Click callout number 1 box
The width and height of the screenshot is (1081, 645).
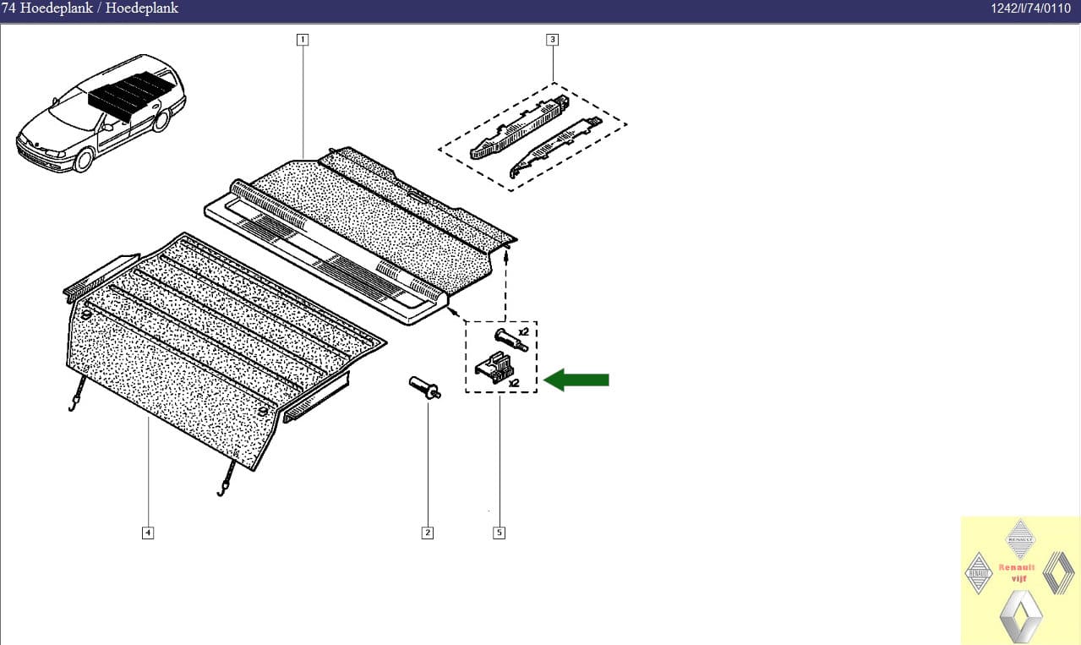point(303,40)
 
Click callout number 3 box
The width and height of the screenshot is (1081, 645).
point(553,40)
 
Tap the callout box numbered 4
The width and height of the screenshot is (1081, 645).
point(148,533)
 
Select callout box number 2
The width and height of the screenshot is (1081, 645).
point(428,533)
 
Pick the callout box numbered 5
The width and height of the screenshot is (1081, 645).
point(500,533)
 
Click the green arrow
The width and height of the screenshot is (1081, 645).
point(576,380)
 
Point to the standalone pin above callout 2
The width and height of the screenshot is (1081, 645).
point(424,388)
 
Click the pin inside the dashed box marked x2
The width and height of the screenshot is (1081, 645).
point(511,340)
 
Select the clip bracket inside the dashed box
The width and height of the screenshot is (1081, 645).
point(494,368)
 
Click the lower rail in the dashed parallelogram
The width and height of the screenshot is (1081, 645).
point(555,147)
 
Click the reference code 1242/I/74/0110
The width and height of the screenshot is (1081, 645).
point(1031,8)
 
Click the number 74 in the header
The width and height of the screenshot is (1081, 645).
point(8,8)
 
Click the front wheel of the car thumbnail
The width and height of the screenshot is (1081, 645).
point(84,160)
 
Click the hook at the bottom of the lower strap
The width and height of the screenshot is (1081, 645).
point(221,492)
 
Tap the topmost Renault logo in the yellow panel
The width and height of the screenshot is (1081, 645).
point(1020,538)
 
